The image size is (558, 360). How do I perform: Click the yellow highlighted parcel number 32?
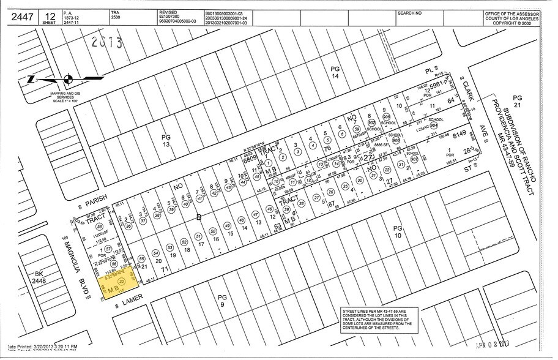(121, 281)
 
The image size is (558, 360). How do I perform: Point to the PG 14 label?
(335, 72)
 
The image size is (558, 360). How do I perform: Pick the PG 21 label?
(517, 102)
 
